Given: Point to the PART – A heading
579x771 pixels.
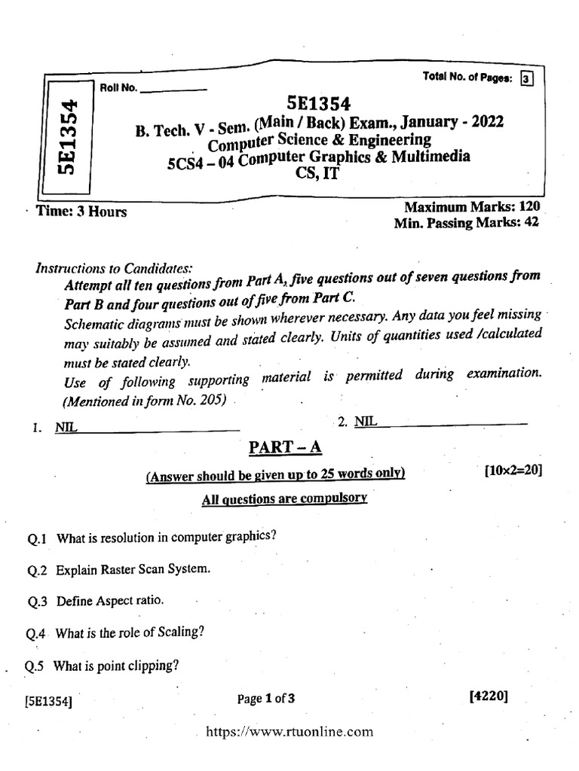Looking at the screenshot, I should click(x=286, y=448).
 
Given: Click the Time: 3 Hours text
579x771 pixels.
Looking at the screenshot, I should click(x=82, y=212).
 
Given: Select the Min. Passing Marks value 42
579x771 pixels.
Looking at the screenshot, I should click(x=531, y=223).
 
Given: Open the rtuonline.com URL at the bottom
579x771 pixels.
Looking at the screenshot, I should click(x=289, y=731).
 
